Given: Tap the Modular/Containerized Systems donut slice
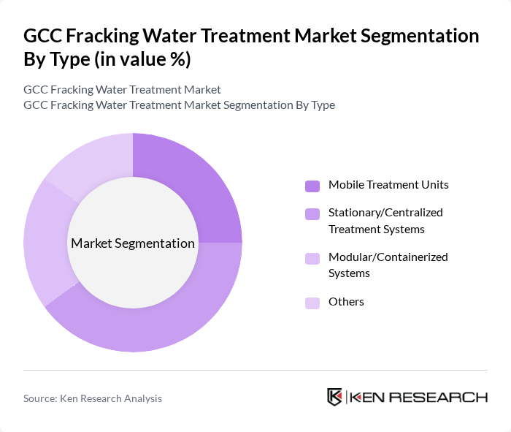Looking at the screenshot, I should coord(44,241).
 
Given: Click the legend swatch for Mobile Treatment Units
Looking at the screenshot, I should coord(312,186).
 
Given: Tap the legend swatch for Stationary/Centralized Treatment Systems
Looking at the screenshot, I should coord(312,213).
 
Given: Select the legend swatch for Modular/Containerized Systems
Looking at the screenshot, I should coord(312,258).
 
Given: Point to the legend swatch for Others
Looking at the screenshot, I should coord(312,303).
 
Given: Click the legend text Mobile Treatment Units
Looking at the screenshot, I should coord(388,185).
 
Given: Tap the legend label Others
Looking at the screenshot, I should coord(346,302).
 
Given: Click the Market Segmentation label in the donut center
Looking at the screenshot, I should coord(133,243).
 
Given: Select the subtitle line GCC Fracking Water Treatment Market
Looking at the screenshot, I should coord(122,90).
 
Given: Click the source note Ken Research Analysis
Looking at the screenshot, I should coord(93,398).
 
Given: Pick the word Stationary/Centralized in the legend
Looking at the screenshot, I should coord(385,213).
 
